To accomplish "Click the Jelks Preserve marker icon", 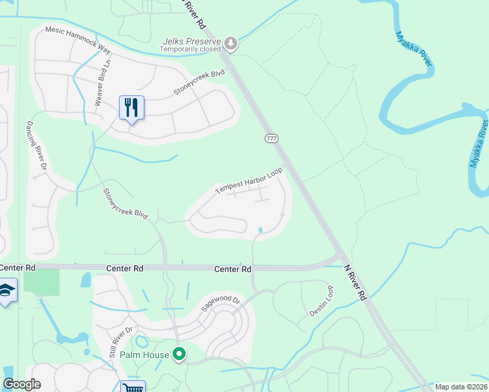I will point(231,44).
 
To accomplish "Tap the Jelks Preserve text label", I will point(192,41).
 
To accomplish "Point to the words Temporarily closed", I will point(192,50).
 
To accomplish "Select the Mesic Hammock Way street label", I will point(78,40).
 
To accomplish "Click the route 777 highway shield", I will point(271,139).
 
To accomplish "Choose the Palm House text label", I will point(144,355).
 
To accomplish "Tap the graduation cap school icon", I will point(7,291).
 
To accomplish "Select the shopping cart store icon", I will point(133,387).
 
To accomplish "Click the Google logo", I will point(22,385).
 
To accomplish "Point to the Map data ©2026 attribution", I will point(460,387).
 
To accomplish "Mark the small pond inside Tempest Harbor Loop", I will point(261,230).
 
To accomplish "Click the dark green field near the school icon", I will point(41,282).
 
